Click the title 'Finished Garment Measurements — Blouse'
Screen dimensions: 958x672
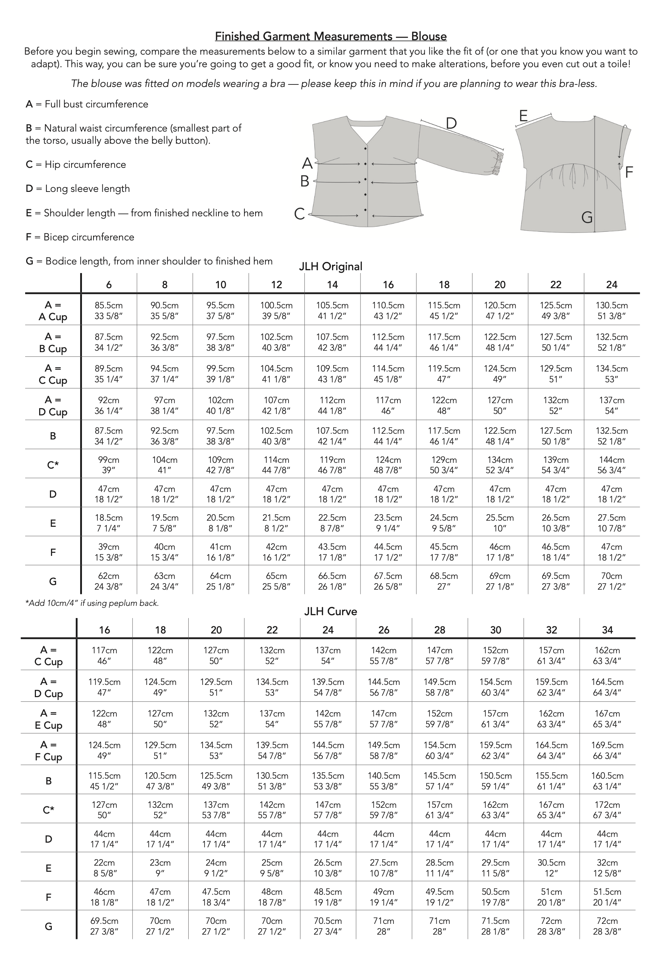click(331, 36)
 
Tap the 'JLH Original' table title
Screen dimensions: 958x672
click(331, 266)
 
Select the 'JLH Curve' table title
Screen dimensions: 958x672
click(331, 611)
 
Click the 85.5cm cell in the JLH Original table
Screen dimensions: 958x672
click(109, 310)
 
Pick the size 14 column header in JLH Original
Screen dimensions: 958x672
click(332, 285)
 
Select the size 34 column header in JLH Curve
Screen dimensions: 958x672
click(607, 630)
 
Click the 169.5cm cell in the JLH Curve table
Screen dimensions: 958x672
click(607, 750)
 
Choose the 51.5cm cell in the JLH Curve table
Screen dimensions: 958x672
click(607, 897)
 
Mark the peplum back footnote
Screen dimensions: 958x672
click(92, 603)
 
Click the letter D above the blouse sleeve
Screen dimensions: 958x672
click(451, 124)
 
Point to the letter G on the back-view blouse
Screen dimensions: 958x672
click(587, 217)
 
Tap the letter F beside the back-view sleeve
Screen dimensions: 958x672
click(629, 171)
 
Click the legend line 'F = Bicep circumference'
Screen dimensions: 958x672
click(80, 237)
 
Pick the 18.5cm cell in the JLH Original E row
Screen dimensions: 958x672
click(109, 523)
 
